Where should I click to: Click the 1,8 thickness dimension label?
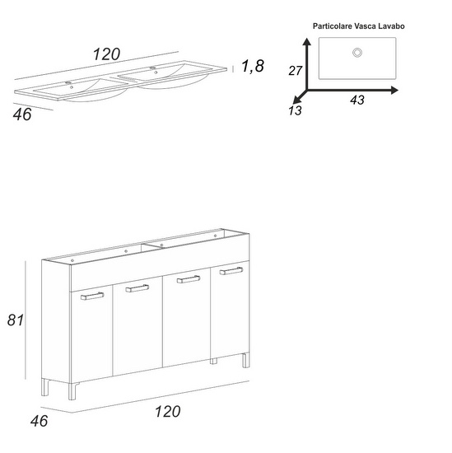[x=253, y=66]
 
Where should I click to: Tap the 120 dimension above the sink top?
[x=106, y=54]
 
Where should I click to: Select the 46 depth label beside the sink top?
[x=22, y=114]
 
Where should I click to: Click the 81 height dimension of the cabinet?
[x=16, y=320]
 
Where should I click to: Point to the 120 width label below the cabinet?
[x=167, y=411]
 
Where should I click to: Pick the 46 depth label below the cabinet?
[x=39, y=421]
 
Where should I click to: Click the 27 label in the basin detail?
[x=296, y=71]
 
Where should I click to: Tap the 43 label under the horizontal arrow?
[x=357, y=100]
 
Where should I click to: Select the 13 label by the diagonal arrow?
[x=295, y=110]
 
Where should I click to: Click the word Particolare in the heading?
[x=333, y=26]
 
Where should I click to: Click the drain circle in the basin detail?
[x=357, y=53]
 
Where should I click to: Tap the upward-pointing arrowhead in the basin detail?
[x=307, y=42]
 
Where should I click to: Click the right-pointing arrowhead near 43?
[x=394, y=90]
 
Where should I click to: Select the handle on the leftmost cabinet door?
[x=92, y=297]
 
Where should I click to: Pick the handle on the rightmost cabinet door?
[x=231, y=271]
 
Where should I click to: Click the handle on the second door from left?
[x=137, y=288]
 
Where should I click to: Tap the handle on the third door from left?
[x=189, y=279]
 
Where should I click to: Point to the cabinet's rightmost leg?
[x=246, y=360]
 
